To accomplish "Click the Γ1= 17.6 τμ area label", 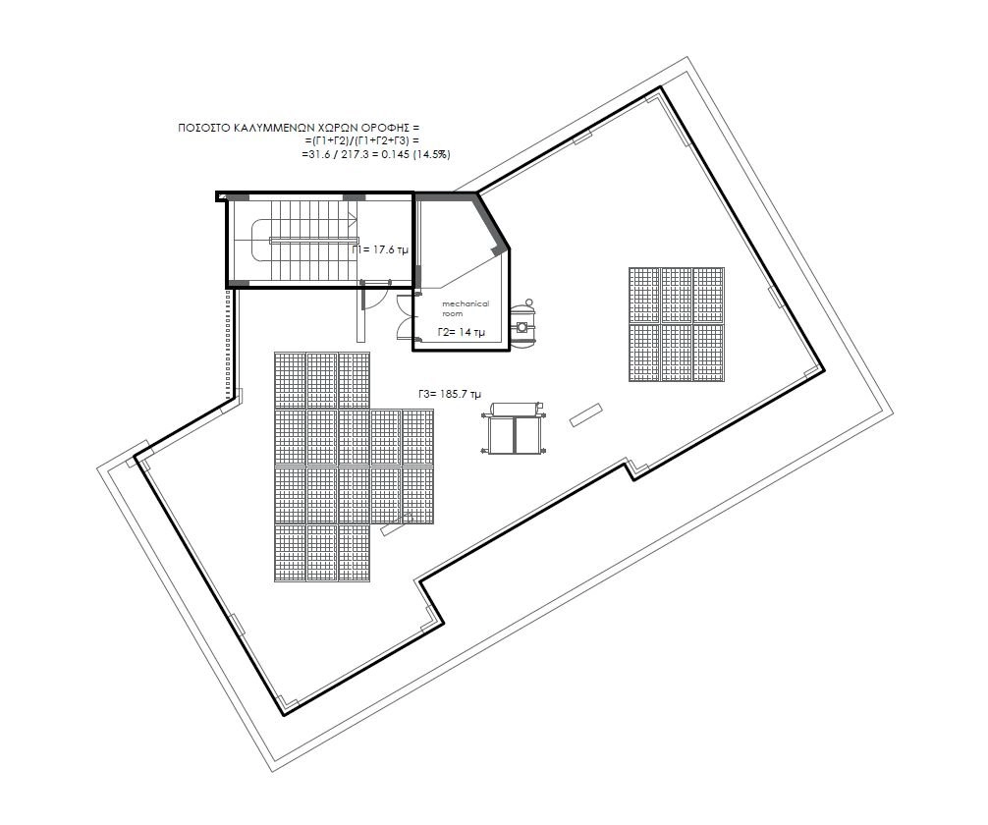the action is coord(380,249).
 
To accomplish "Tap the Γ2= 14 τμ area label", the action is coord(462,332).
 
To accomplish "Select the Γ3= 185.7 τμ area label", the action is coord(449,394).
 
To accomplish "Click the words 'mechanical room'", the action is coord(465,308).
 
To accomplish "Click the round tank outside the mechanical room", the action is coord(522,322).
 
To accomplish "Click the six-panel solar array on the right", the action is coord(676,324).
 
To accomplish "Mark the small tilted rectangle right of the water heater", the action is coord(586,415).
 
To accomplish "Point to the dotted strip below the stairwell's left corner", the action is coord(231,343).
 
